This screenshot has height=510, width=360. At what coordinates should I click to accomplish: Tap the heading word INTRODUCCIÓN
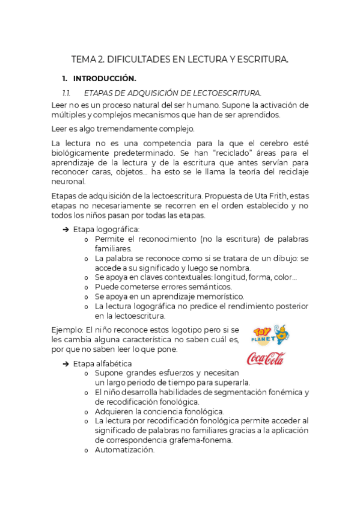pos(105,79)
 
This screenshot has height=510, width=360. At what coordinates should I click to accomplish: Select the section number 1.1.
pos(67,93)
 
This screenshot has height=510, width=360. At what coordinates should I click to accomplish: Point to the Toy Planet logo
pos(270,334)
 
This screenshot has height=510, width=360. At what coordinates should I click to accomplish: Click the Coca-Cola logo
pos(266,358)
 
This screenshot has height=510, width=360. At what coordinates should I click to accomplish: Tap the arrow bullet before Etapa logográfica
pos(66,229)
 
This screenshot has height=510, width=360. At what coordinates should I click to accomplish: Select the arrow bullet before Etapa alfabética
pos(66,364)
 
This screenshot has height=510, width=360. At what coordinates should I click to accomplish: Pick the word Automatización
pos(124,449)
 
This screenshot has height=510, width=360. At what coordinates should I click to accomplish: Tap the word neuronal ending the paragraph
pos(69,182)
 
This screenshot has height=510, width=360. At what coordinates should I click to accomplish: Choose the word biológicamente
pos(81,153)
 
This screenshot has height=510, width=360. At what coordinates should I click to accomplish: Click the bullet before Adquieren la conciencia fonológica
pos(87,411)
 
